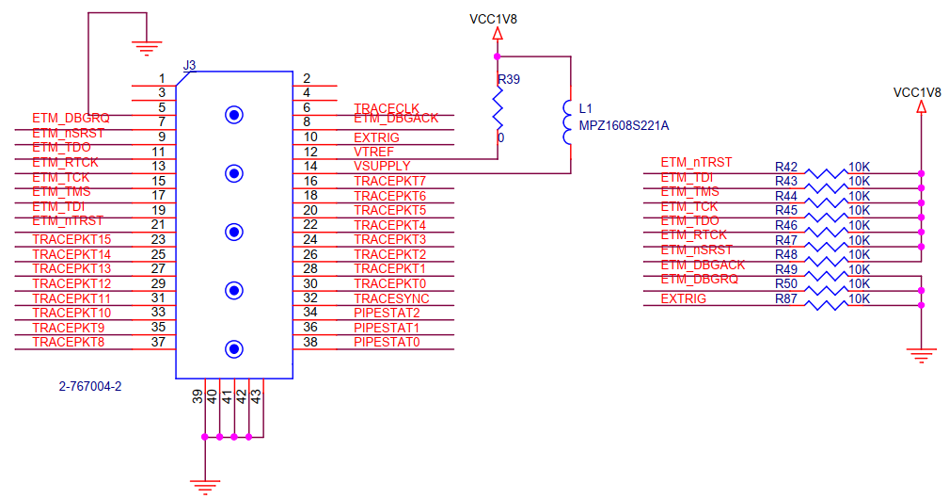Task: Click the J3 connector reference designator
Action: pos(189,65)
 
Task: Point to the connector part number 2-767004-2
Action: pos(90,387)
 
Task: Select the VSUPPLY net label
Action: pos(382,166)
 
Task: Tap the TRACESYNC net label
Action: pos(389,298)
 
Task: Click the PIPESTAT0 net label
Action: pos(387,342)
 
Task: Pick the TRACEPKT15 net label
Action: pos(71,239)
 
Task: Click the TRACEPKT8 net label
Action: pos(68,342)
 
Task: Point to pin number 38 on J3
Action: pos(309,342)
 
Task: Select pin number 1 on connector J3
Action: pos(162,79)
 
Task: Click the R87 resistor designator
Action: pos(786,298)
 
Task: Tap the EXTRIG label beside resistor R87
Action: pos(683,298)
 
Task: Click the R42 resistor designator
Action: pos(786,166)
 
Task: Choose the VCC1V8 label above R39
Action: pos(493,19)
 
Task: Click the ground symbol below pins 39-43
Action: pos(204,484)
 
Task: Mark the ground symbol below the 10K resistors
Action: pos(922,355)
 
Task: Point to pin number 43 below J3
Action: pos(257,397)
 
